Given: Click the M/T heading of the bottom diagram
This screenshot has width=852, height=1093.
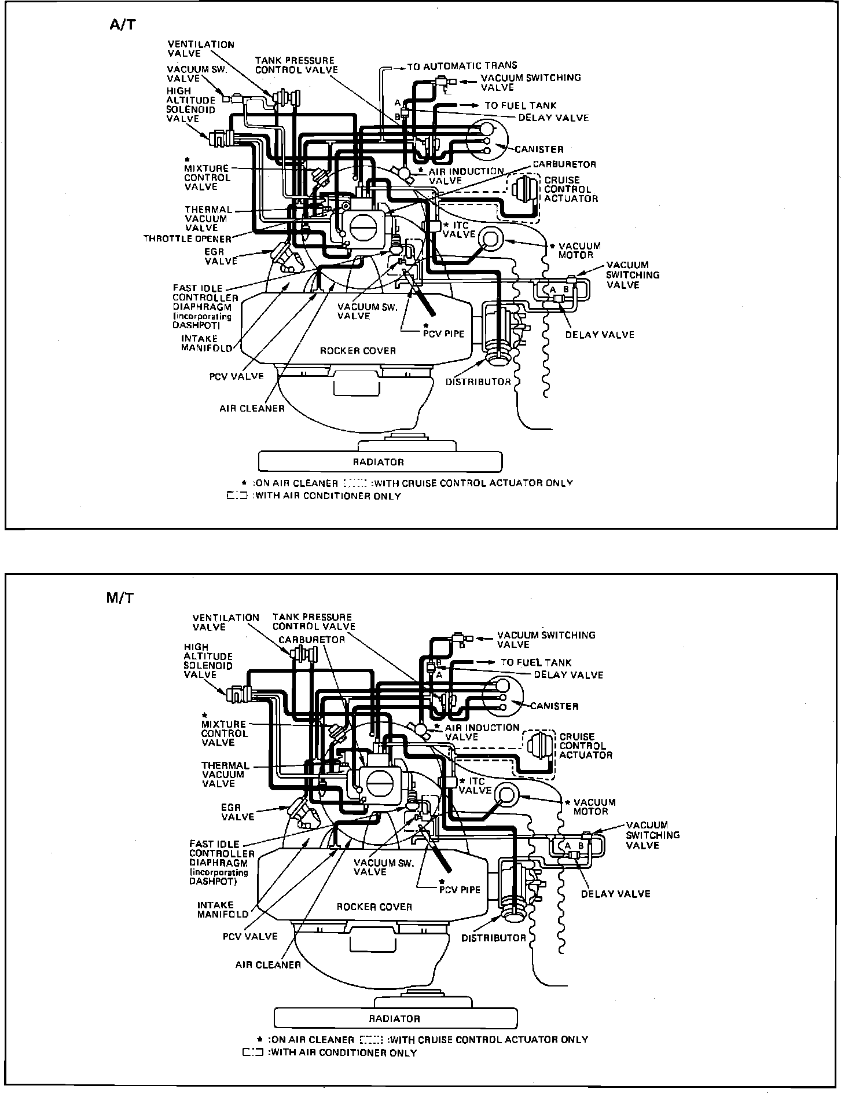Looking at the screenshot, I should (120, 597).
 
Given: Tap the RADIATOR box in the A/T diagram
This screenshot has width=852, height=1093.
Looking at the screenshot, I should (379, 462).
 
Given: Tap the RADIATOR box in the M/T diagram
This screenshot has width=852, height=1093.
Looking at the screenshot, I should (395, 1018).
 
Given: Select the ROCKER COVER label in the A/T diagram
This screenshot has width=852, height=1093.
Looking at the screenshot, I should (358, 351).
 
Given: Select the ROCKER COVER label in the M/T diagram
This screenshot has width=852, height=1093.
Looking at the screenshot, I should (374, 907).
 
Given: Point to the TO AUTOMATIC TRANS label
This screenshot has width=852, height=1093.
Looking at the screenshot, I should (462, 66).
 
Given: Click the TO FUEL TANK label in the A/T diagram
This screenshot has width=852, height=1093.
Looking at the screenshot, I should (520, 105).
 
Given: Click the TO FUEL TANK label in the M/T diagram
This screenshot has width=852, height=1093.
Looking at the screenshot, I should (536, 662).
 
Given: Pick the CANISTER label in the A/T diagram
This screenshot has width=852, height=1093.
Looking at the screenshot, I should (539, 149).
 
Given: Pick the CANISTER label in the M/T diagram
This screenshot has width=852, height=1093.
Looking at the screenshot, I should (554, 706).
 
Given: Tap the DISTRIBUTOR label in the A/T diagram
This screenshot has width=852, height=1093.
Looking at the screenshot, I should (478, 382).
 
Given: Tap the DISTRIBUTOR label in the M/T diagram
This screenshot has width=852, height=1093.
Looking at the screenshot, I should (493, 938).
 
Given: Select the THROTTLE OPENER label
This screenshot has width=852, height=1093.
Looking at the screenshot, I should (187, 239).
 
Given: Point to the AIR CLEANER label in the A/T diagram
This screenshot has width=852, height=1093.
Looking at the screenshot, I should (252, 409).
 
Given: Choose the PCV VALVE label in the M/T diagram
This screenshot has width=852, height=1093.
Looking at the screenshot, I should (250, 936).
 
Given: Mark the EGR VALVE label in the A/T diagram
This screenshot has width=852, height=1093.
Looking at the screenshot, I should (221, 256).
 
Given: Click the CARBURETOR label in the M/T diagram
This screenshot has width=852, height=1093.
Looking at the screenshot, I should (311, 640).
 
